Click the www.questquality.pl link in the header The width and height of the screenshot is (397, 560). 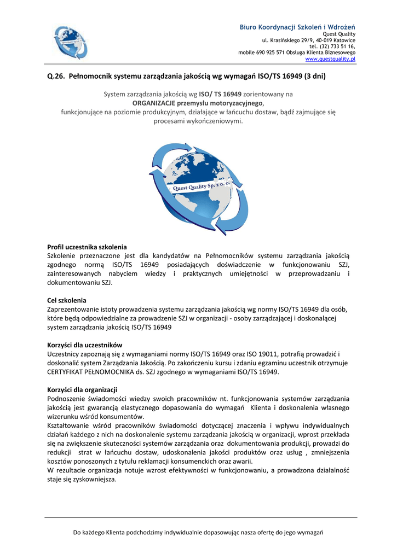click(x=330, y=59)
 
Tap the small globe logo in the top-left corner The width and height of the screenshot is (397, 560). click(x=70, y=42)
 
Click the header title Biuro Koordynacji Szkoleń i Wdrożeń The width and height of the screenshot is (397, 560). click(x=297, y=27)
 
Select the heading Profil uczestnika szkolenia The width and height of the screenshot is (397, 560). click(x=87, y=247)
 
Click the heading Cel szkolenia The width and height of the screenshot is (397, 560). click(x=67, y=300)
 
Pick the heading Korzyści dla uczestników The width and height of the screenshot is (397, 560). click(x=85, y=345)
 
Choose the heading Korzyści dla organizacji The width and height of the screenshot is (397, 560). click(x=82, y=389)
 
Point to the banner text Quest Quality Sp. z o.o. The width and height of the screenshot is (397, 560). click(x=201, y=186)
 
